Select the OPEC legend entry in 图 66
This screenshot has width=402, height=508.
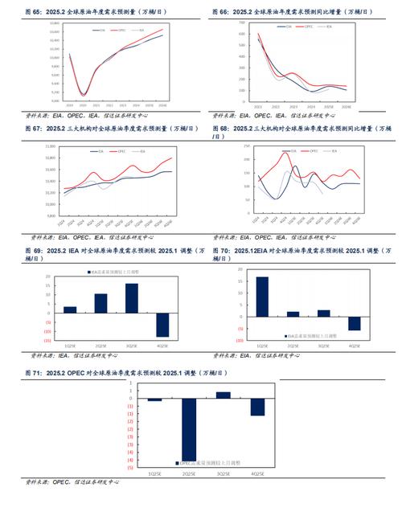pyautogui.click(x=306, y=26)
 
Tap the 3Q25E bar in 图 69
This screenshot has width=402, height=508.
pyautogui.click(x=131, y=298)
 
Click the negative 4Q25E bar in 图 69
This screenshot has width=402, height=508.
pyautogui.click(x=162, y=325)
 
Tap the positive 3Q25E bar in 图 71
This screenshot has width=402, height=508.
pyautogui.click(x=224, y=395)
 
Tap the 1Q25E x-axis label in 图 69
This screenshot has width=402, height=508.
pyautogui.click(x=70, y=346)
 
